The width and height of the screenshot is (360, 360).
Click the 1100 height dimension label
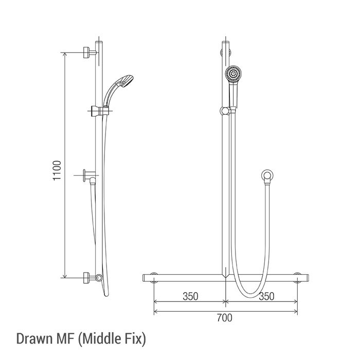click(x=57, y=171)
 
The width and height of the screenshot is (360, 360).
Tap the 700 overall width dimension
click(x=225, y=318)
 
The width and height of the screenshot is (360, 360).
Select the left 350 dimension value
click(x=190, y=296)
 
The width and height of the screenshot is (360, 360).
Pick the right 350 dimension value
click(x=266, y=296)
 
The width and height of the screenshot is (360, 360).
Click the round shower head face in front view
click(x=233, y=74)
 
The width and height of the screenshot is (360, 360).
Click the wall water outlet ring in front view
click(x=267, y=175)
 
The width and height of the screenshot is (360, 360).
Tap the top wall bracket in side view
click(x=90, y=52)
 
